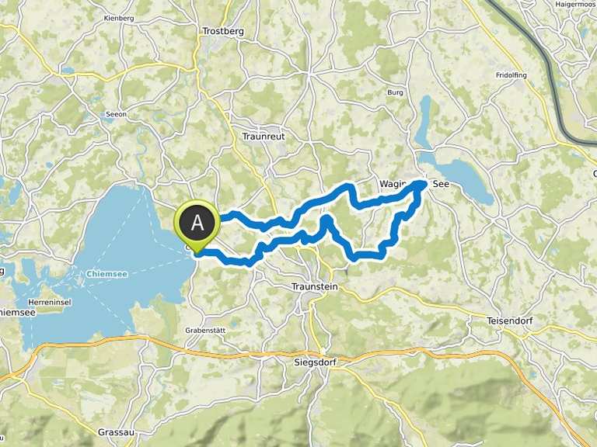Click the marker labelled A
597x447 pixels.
coord(199,223)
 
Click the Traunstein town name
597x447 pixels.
coord(314,286)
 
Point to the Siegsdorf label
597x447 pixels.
coord(315,362)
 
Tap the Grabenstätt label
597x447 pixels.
coord(204,330)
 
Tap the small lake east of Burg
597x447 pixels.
coord(424,120)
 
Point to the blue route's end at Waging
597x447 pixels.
coord(422,184)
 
